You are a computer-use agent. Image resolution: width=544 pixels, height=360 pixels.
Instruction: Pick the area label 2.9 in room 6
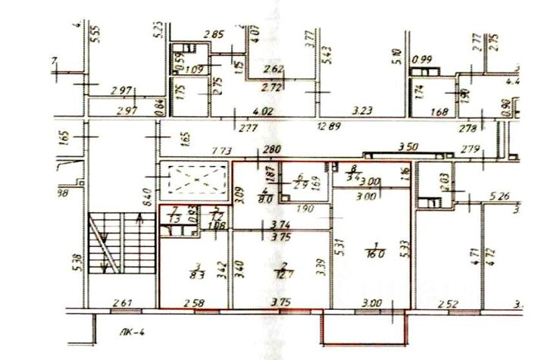coord(299,185)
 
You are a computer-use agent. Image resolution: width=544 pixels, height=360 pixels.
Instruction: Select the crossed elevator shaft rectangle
coord(195,182)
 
